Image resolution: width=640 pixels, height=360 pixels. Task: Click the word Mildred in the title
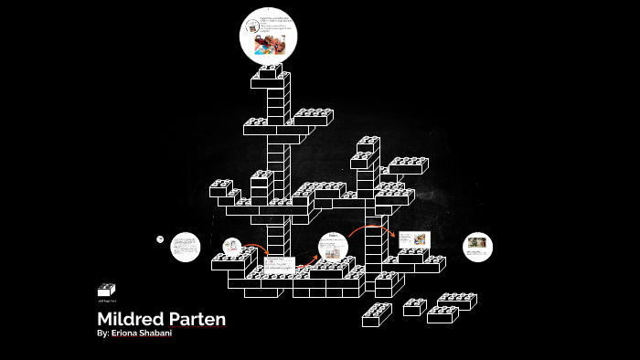point(127,320)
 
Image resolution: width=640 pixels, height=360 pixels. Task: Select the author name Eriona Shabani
point(144,334)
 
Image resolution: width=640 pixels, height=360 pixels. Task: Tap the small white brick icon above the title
point(106,290)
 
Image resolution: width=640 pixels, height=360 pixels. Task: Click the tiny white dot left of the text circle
point(159,239)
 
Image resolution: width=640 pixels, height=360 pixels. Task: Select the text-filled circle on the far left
point(186,246)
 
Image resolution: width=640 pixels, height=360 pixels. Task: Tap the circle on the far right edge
point(477,246)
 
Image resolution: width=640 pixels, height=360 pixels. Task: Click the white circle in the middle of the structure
point(333,247)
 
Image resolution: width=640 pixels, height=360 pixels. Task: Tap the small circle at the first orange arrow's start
point(230,246)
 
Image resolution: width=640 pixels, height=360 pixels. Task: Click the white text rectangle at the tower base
point(278,264)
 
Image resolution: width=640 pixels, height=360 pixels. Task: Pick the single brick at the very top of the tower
point(270,71)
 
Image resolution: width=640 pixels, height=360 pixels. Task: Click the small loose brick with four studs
point(414,306)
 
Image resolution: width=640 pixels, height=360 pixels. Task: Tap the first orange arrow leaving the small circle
point(256,248)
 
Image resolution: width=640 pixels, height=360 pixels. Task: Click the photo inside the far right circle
point(477,243)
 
